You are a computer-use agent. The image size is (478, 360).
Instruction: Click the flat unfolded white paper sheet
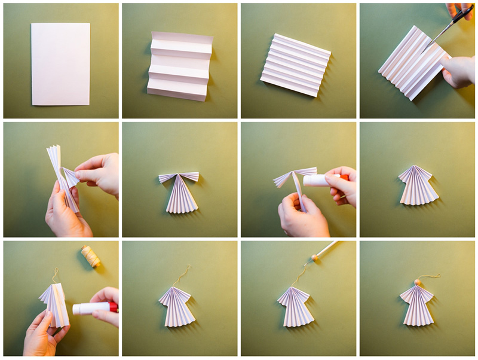point(60,63)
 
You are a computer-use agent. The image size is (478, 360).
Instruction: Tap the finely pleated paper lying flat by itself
point(295,65)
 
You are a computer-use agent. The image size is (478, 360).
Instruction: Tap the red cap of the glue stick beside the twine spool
point(113,307)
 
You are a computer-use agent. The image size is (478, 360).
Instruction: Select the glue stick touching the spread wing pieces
point(323,179)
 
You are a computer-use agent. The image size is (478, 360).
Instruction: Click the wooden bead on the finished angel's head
point(418,282)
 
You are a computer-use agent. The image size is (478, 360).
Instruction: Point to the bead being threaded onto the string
point(310,261)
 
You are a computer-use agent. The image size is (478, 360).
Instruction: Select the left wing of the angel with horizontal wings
point(168,178)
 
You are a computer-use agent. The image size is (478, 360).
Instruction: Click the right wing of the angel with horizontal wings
point(190,176)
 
